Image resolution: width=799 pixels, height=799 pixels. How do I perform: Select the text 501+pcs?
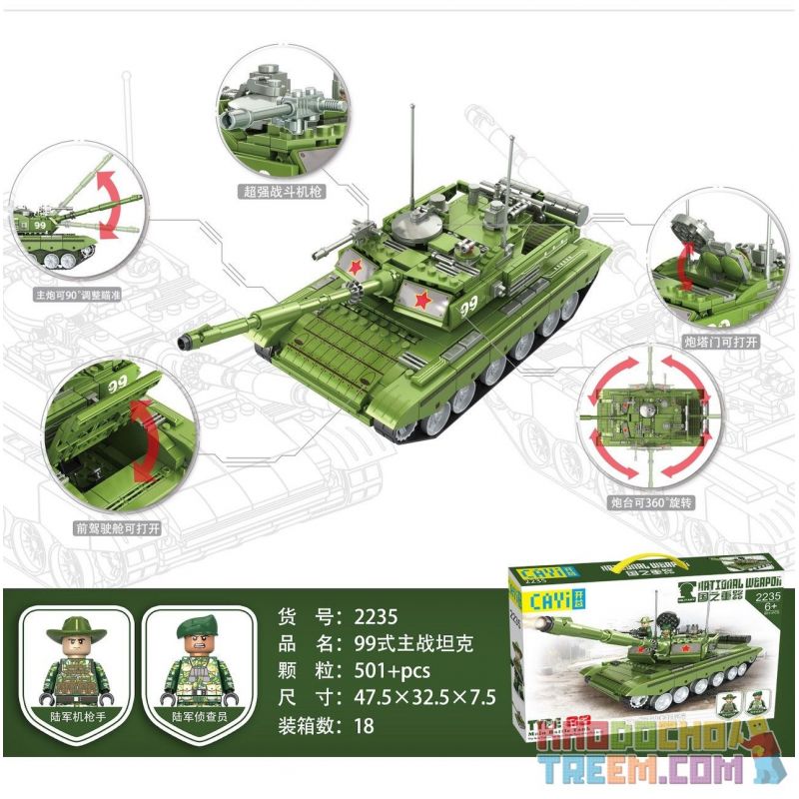386,670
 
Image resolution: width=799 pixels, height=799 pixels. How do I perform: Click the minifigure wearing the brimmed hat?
77,660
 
